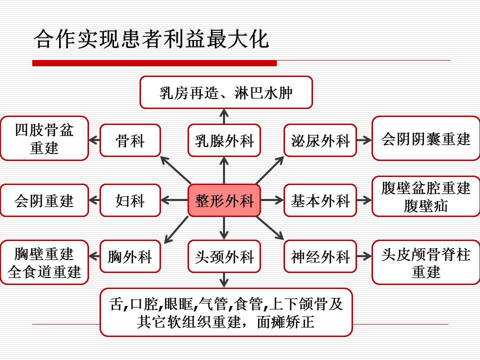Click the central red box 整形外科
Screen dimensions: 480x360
[x=224, y=200]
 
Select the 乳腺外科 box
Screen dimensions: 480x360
[x=224, y=140]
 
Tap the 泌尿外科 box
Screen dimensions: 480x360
[x=320, y=140]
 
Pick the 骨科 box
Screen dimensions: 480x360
[x=130, y=140]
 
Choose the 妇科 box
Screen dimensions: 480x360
[x=130, y=200]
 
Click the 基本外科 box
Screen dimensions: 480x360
[x=320, y=200]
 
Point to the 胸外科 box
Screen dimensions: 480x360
[x=130, y=256]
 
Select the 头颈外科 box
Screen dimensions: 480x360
[x=224, y=256]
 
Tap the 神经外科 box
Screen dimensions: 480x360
[x=320, y=256]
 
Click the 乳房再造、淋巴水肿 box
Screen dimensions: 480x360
[x=226, y=92]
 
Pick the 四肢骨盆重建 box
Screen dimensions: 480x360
[x=44, y=138]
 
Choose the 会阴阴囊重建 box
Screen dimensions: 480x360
[x=426, y=138]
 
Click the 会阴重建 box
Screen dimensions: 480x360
[x=44, y=200]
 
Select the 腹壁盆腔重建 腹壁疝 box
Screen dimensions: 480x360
[x=426, y=196]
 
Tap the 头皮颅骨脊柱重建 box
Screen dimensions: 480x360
[x=426, y=262]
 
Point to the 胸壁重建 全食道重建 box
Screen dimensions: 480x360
[x=44, y=262]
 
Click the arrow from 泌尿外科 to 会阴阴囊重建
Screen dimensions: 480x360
[x=364, y=140]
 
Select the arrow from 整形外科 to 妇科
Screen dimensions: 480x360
[x=174, y=200]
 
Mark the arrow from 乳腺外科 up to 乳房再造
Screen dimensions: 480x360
[x=224, y=116]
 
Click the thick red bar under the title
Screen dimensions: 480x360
[x=154, y=63]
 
